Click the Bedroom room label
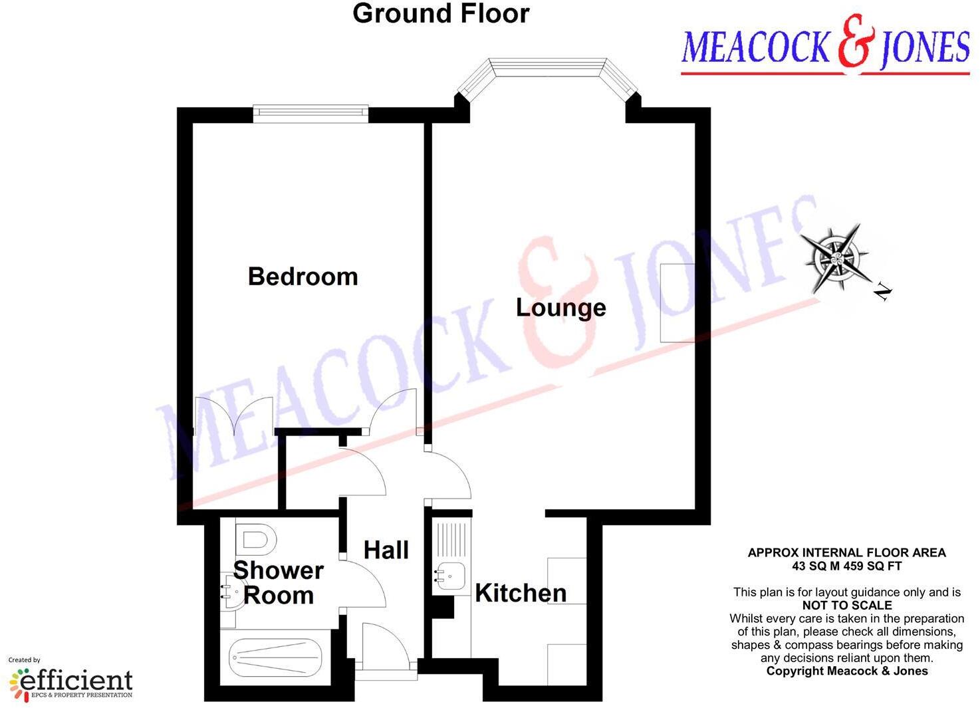click(303, 277)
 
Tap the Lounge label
click(561, 308)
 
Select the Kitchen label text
click(521, 593)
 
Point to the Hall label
click(386, 550)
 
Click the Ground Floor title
click(441, 14)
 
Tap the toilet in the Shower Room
click(255, 540)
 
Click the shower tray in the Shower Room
click(275, 657)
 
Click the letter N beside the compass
click(882, 291)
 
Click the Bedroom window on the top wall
click(310, 113)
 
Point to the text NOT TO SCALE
click(847, 606)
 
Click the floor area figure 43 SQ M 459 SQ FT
click(846, 566)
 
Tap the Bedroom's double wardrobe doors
click(233, 416)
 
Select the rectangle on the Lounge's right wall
click(677, 303)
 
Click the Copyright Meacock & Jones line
click(846, 671)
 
